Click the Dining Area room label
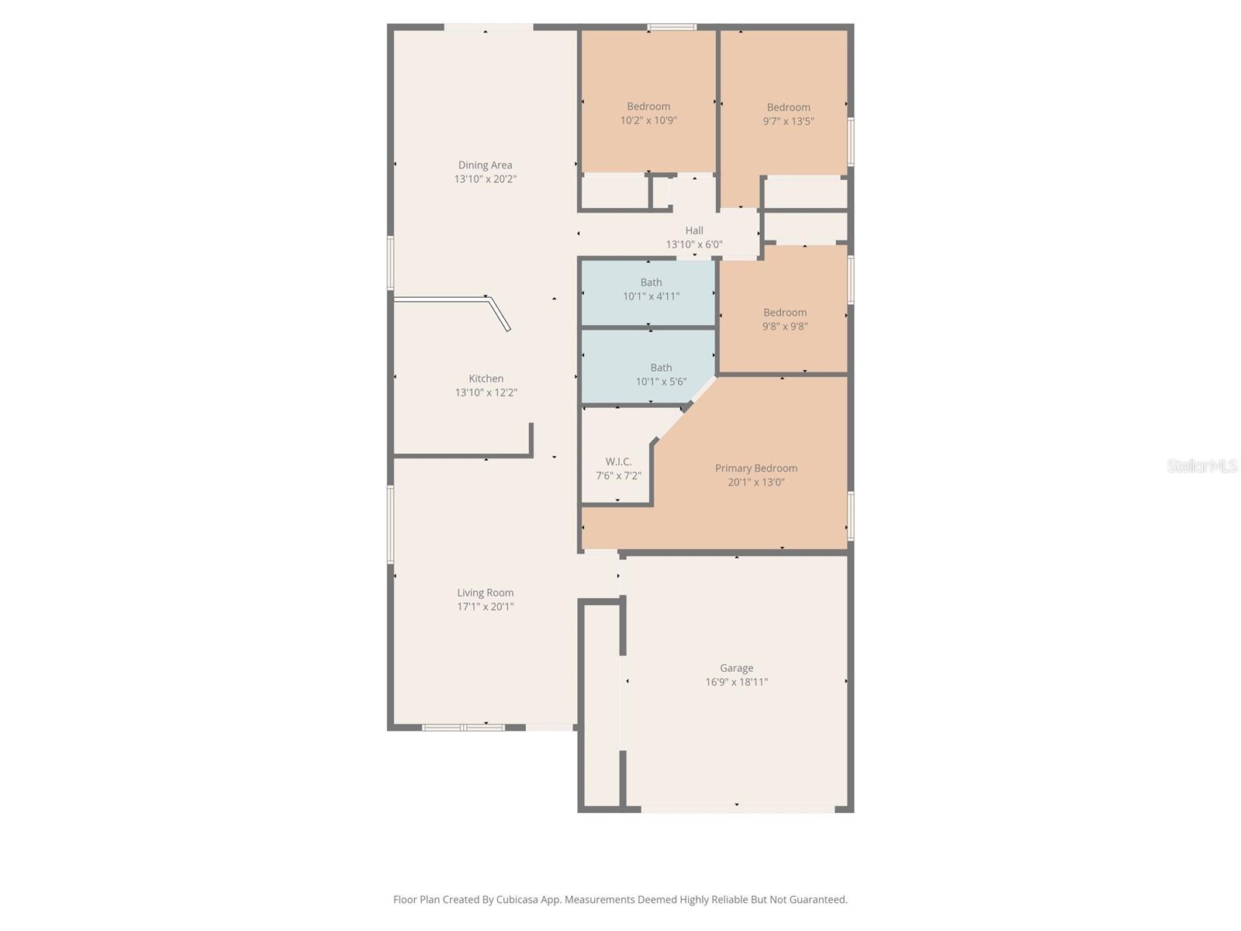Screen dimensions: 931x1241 485,164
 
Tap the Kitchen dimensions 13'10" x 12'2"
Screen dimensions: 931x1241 486,393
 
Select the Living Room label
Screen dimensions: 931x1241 485,593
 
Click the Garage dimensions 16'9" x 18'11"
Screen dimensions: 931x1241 736,682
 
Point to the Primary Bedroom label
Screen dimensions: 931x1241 755,468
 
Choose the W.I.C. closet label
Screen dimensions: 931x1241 618,462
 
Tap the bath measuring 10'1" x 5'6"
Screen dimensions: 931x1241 661,375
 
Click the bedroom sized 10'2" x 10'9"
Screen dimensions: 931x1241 648,113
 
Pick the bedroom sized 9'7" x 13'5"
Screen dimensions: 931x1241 788,114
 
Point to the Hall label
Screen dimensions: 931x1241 694,230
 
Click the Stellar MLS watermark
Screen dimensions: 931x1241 1201,465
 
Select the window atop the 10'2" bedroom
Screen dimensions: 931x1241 672,28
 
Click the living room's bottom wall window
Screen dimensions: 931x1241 463,728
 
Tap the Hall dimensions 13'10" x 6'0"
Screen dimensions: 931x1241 694,244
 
